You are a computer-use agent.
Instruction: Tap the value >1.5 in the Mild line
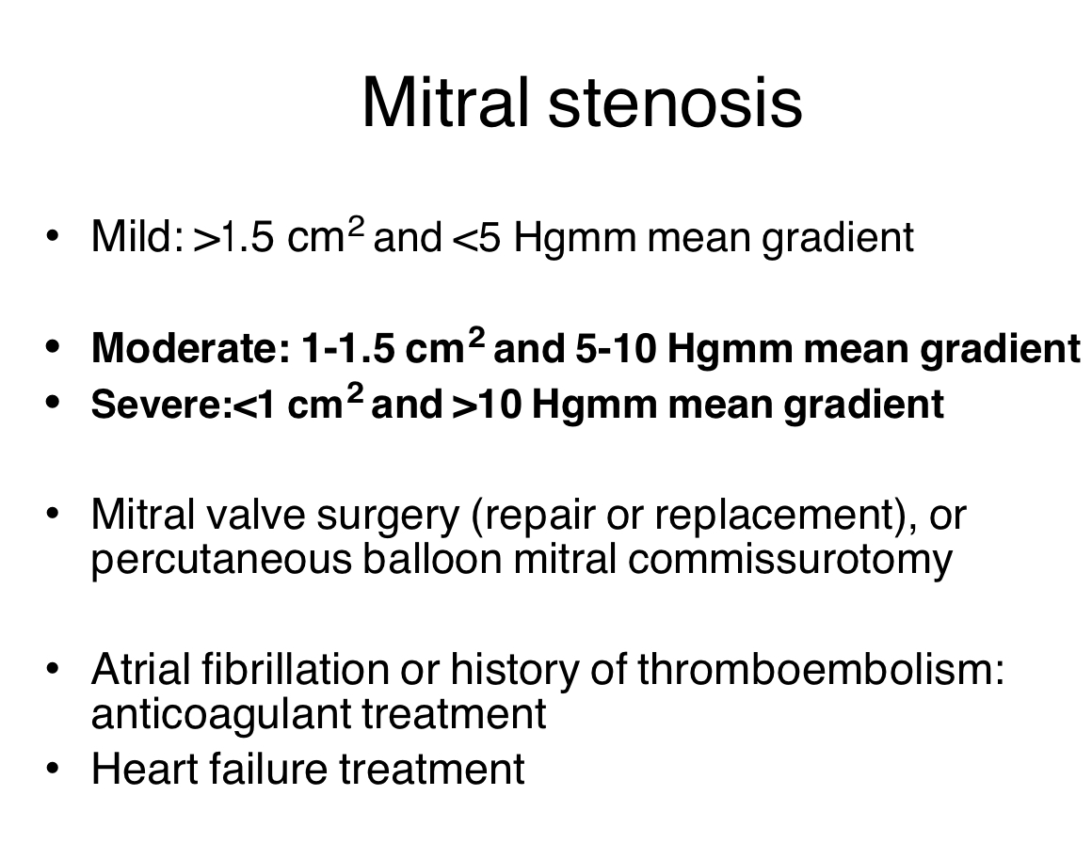[x=234, y=237]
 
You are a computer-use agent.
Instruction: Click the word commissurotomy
[x=790, y=560]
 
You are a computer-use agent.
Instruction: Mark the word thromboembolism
[x=814, y=670]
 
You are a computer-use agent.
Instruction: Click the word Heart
[x=137, y=768]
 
